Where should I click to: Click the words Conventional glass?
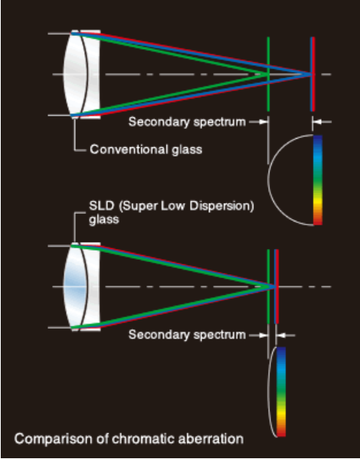[x=146, y=149]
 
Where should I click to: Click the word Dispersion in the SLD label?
[x=221, y=206]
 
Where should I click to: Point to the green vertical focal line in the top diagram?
[x=268, y=74]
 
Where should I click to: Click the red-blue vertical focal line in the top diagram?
[x=313, y=74]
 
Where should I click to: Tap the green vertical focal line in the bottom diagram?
[x=268, y=287]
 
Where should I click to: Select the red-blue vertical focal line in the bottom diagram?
[x=277, y=287]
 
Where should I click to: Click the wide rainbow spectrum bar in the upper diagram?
[x=318, y=180]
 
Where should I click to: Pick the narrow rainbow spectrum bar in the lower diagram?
[x=281, y=392]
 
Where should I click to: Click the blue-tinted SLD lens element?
[x=75, y=287]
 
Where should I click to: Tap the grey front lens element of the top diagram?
[x=75, y=74]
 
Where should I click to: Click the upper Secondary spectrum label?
[x=187, y=122]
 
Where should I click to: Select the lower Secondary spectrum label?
[x=187, y=335]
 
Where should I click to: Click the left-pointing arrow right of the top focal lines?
[x=322, y=122]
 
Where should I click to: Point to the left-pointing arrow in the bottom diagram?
[x=286, y=335]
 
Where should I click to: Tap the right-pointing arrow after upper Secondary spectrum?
[x=258, y=122]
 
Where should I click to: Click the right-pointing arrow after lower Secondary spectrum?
[x=258, y=335]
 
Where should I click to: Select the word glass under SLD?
[x=104, y=220]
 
